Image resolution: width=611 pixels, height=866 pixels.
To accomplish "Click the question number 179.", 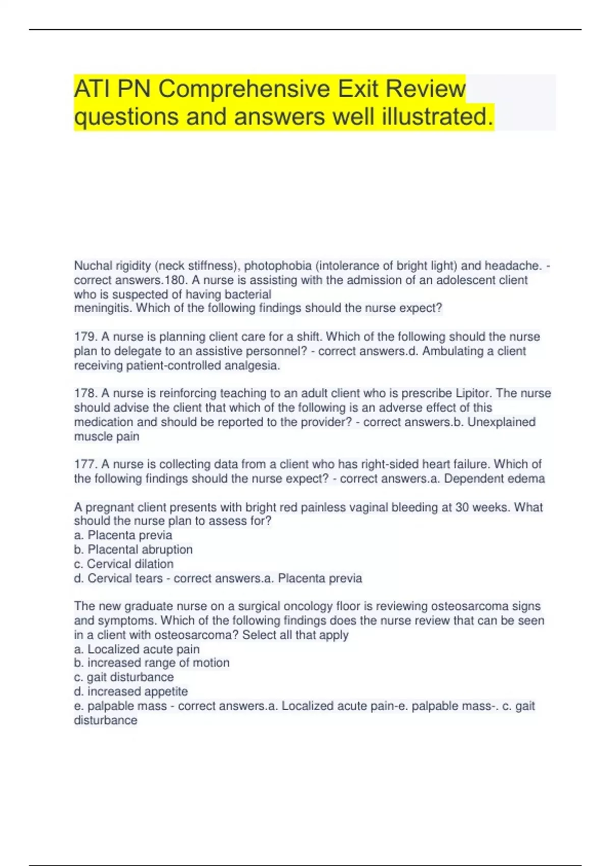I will tap(85, 337).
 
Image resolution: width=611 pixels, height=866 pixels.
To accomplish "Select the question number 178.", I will tap(85, 393).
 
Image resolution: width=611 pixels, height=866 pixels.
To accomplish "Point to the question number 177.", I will tap(85, 464).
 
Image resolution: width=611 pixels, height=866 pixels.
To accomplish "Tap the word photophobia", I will tap(278, 265).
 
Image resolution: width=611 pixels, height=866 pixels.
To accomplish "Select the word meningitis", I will tap(103, 308).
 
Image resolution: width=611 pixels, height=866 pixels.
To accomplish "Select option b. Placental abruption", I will tap(133, 549).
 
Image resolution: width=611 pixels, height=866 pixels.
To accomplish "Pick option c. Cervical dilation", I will tap(124, 564).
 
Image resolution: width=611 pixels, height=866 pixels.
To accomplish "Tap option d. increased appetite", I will tap(131, 691).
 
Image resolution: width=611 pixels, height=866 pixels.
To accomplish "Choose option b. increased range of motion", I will tap(152, 663).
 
